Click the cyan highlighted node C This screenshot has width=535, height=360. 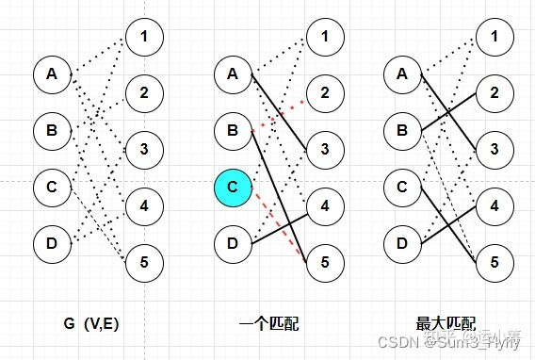click(x=233, y=188)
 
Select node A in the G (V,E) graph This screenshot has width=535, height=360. click(x=51, y=74)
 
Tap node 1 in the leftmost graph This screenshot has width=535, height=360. click(x=143, y=37)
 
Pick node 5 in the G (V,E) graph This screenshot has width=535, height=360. click(x=143, y=260)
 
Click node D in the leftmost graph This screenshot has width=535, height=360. click(x=51, y=244)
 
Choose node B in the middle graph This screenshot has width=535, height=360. click(x=233, y=129)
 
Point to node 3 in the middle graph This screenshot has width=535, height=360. click(x=324, y=149)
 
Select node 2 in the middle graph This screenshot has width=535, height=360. click(x=324, y=92)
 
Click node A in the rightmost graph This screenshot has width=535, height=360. click(x=402, y=74)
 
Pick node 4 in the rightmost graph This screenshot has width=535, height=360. click(x=494, y=205)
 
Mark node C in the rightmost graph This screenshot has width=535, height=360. click(x=402, y=188)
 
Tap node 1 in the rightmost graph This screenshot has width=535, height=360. click(x=494, y=37)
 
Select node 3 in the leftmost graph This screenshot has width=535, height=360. click(x=143, y=149)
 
